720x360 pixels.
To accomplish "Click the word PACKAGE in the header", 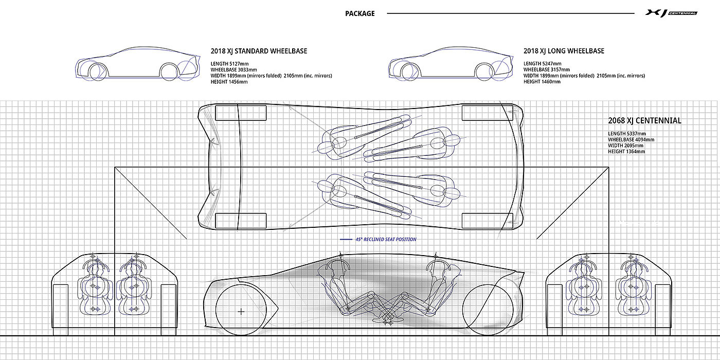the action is (x=360, y=13).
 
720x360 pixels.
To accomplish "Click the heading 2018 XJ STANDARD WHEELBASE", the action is (x=259, y=51).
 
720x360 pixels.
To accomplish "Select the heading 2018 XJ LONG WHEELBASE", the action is (x=564, y=51).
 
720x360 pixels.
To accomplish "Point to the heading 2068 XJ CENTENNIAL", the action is (x=644, y=121).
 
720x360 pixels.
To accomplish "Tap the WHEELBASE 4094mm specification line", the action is (x=631, y=139).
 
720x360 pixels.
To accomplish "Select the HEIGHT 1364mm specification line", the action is (x=626, y=151).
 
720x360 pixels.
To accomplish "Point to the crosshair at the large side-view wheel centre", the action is (x=241, y=311).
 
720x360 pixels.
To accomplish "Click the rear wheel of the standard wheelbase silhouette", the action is (x=170, y=71).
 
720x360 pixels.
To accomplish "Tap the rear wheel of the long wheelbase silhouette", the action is (x=483, y=71).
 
